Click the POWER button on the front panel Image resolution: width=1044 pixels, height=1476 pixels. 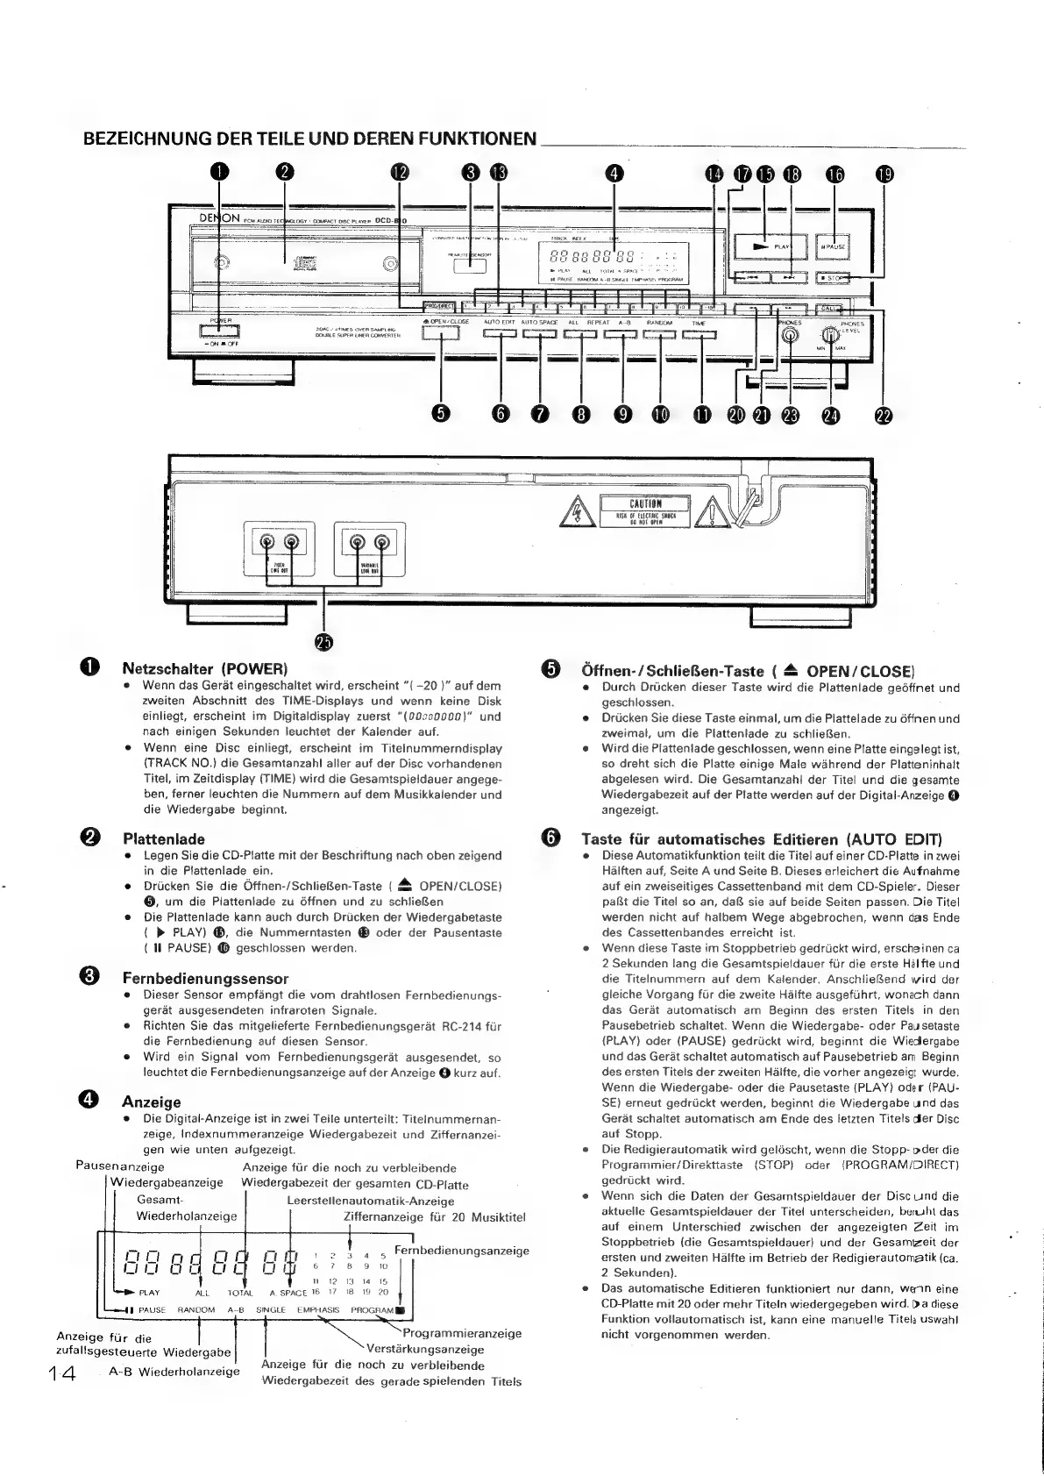218,332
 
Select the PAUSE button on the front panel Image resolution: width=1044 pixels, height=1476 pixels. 833,246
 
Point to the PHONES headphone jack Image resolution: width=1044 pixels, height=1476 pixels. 792,335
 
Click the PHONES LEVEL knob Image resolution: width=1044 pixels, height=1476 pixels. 828,335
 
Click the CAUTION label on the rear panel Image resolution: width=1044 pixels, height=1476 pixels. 644,508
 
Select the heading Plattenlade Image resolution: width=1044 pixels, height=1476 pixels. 163,838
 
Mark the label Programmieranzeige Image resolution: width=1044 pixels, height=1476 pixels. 462,1333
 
